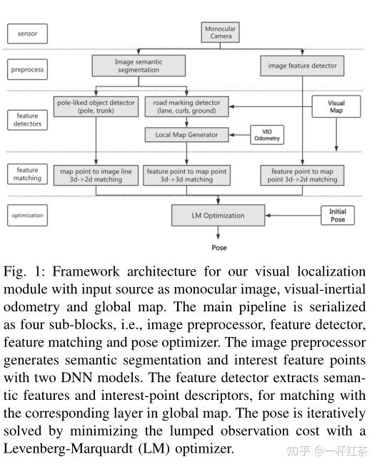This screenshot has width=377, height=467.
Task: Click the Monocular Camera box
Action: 221,33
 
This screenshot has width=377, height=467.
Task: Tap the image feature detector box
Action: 302,66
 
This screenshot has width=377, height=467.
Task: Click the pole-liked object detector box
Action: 96,107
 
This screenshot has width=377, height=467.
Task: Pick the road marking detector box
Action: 186,107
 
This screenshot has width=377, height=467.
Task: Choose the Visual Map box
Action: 336,107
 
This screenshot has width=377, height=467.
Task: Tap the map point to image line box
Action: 96,175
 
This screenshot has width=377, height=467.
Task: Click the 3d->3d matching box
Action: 186,175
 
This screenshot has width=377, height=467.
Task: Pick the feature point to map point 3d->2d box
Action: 302,175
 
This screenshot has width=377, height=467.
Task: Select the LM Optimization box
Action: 218,215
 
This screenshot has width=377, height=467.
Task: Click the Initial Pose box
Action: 337,215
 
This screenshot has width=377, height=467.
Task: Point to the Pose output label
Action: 219,248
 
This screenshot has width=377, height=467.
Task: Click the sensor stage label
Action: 27,33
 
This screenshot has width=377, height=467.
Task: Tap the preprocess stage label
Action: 27,70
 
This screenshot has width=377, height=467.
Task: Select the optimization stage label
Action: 27,215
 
